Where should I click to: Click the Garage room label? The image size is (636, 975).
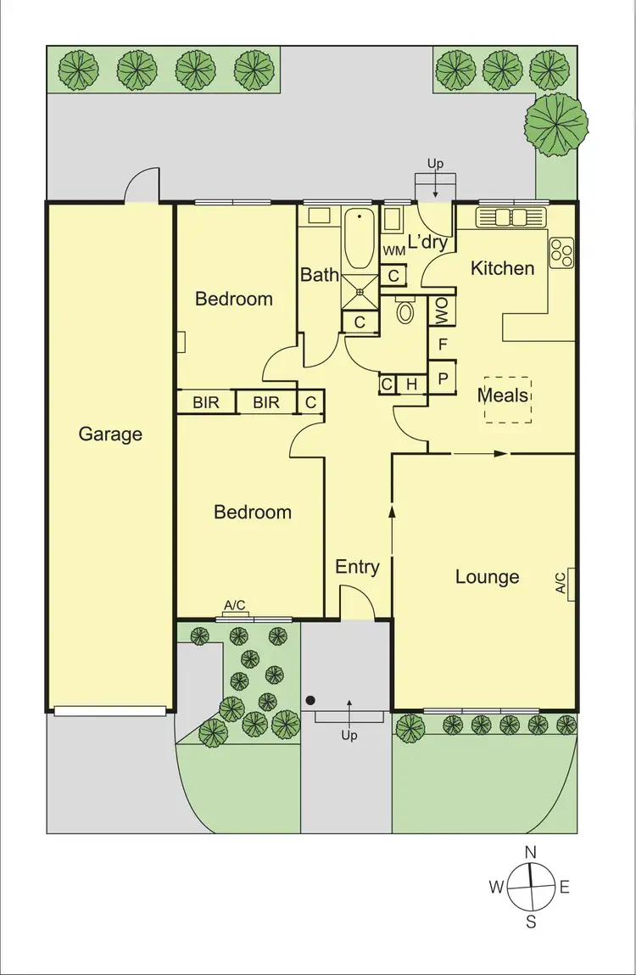click(x=110, y=434)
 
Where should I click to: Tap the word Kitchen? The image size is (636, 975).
click(x=503, y=268)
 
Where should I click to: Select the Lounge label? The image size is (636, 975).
click(x=487, y=577)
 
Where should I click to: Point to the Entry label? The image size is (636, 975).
click(x=357, y=567)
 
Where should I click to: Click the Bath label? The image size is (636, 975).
click(x=320, y=274)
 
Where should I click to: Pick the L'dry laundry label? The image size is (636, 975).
click(x=427, y=242)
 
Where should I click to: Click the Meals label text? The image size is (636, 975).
click(x=503, y=395)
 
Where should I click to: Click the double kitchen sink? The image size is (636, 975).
click(x=512, y=217)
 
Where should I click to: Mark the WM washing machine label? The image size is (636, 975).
click(x=393, y=251)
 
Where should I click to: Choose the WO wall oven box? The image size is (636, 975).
click(x=442, y=311)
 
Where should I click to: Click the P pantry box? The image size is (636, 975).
click(x=442, y=377)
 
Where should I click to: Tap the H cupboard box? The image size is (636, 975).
click(x=411, y=385)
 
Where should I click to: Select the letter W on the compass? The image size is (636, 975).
click(x=496, y=888)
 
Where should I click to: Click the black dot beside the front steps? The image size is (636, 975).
click(x=311, y=701)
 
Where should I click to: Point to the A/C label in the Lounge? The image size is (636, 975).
click(x=561, y=582)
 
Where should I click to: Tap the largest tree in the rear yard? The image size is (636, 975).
click(x=556, y=124)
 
